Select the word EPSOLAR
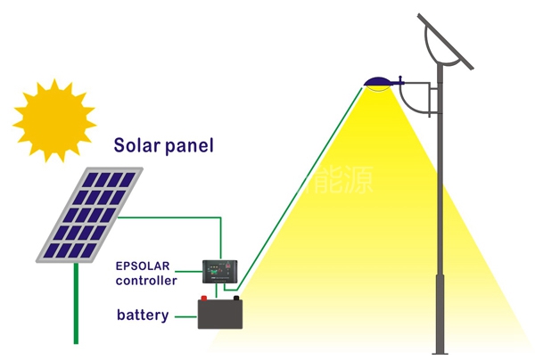click(142, 266)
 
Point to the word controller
click(146, 281)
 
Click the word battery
click(143, 315)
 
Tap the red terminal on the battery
click(204, 298)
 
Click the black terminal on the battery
click(235, 298)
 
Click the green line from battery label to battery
click(185, 315)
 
